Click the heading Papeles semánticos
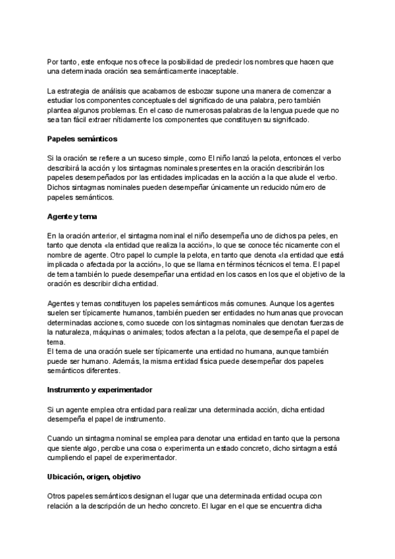(x=83, y=140)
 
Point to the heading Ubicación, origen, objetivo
(x=93, y=477)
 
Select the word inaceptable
(x=218, y=71)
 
